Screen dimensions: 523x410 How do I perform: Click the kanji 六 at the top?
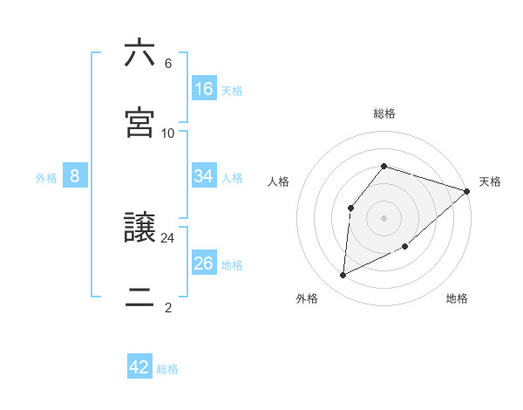139,54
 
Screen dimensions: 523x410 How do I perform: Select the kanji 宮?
139,122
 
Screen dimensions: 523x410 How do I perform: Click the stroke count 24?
168,237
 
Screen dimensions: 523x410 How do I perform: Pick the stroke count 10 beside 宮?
168,133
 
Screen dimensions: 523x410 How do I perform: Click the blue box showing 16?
204,89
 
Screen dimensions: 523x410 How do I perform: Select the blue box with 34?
204,176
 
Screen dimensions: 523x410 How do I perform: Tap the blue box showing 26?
204,263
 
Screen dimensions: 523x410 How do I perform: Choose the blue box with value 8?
75,176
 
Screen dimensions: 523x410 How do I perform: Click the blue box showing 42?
139,367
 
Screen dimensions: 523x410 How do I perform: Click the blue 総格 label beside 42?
167,369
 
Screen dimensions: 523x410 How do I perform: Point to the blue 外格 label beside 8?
46,178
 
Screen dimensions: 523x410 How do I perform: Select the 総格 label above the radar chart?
384,113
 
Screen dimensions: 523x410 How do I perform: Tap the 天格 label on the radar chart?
490,181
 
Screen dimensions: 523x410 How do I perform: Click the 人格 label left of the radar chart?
279,181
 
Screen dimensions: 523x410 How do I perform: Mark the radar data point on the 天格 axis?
467,191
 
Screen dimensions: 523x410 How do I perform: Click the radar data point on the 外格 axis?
343,276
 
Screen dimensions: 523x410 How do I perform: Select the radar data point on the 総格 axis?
384,166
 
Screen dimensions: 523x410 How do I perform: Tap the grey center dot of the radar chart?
384,217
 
